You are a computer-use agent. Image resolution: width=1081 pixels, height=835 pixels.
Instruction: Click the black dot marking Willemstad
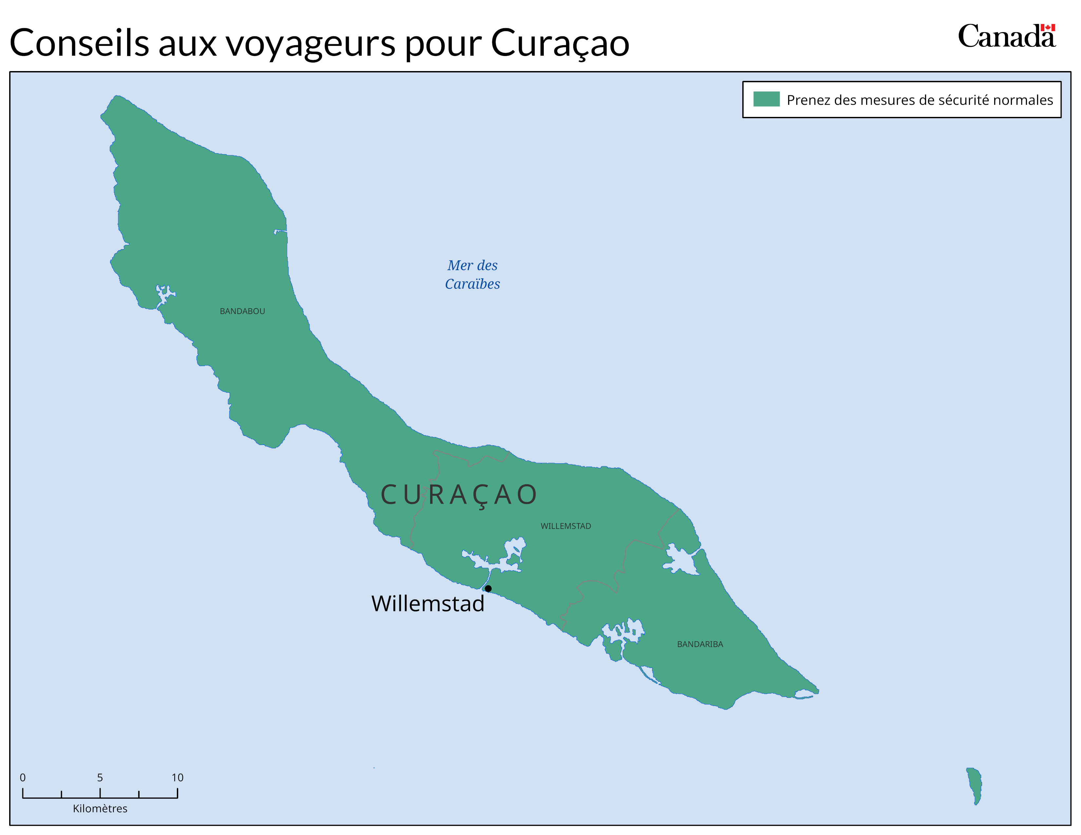click(488, 588)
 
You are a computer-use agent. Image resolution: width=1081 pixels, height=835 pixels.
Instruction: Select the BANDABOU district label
click(242, 311)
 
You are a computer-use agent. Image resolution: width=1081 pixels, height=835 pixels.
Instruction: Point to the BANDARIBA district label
click(700, 644)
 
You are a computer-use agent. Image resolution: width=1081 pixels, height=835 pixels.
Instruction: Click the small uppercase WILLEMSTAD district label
click(566, 526)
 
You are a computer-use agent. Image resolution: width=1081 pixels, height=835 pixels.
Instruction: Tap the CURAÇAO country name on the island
click(459, 495)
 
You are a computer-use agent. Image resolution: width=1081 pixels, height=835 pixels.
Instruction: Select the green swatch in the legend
click(766, 99)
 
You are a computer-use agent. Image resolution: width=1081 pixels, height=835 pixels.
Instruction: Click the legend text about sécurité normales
click(920, 100)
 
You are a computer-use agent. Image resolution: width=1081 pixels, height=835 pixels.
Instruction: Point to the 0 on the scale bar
click(23, 777)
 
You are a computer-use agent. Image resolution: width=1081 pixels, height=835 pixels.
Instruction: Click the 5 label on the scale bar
click(100, 777)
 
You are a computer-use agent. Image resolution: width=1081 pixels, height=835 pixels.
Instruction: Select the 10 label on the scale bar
click(177, 777)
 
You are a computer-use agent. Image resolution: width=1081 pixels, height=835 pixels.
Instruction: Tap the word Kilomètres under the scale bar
click(100, 808)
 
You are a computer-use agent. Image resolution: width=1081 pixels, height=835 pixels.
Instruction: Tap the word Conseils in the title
click(79, 43)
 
